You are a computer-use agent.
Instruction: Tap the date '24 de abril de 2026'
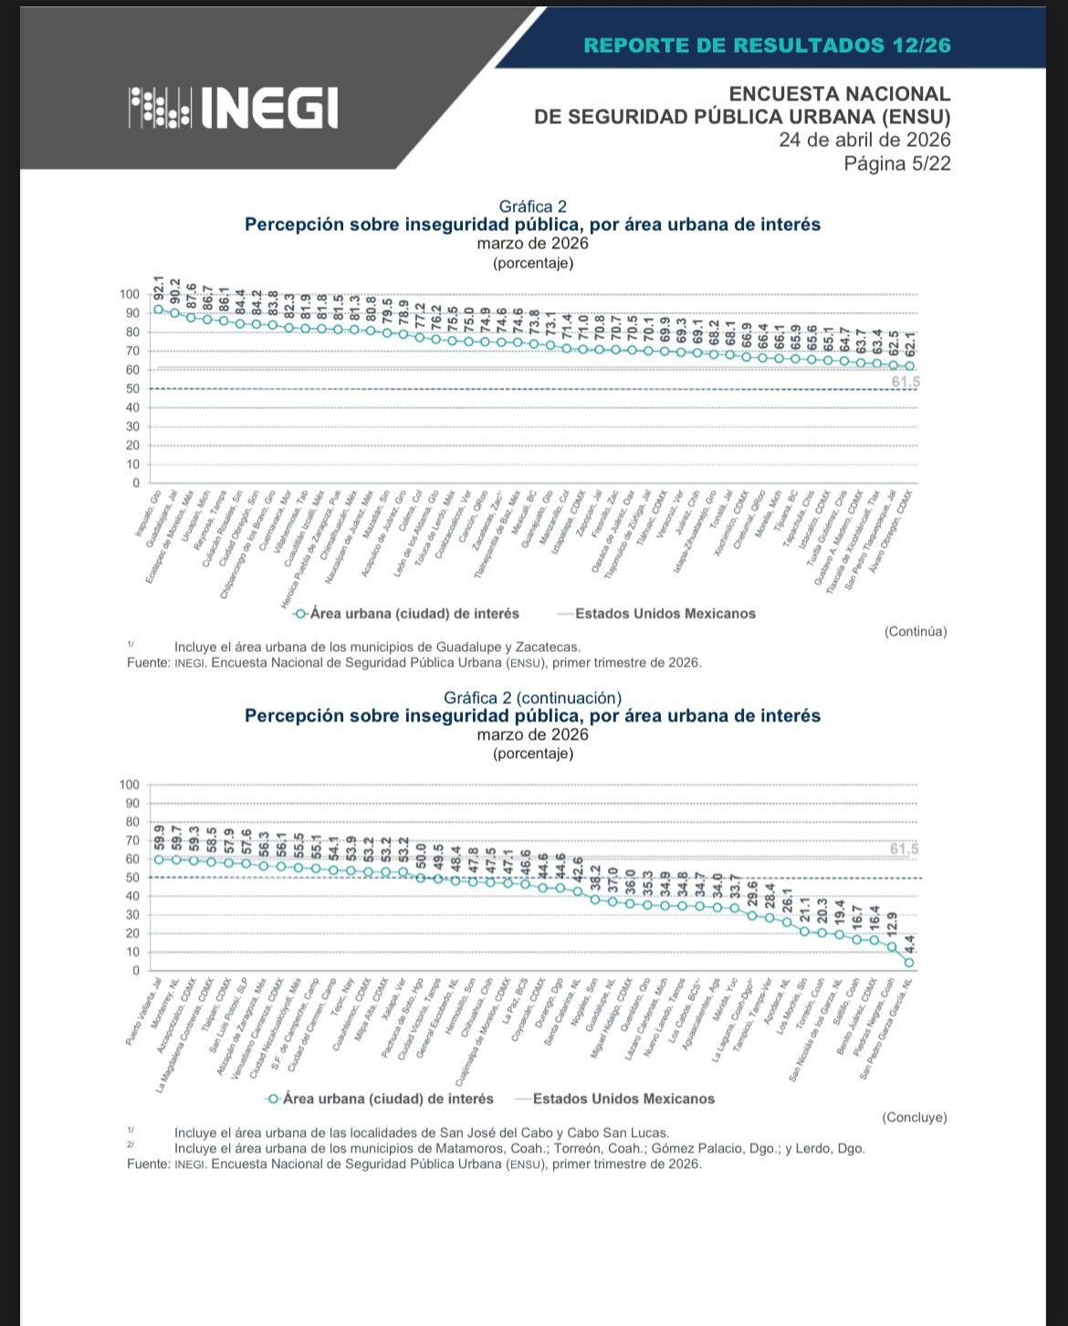click(x=864, y=140)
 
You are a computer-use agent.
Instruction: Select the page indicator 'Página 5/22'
click(x=896, y=163)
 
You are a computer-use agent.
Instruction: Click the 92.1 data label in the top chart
click(x=159, y=289)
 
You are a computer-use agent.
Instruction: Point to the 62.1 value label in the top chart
click(x=909, y=343)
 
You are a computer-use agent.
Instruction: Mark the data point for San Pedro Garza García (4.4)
click(x=909, y=962)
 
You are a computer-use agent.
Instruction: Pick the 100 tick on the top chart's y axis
click(x=130, y=294)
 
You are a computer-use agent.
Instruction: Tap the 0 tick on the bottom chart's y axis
click(x=135, y=970)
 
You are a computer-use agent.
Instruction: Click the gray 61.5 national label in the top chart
click(x=905, y=382)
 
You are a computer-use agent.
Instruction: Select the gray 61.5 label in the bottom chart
click(x=904, y=850)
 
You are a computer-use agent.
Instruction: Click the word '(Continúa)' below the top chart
click(x=916, y=631)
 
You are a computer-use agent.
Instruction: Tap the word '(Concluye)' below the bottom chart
click(x=914, y=1117)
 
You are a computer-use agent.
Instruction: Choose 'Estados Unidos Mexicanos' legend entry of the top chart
click(x=665, y=614)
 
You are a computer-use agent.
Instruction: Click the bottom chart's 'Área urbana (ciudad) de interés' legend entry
click(x=387, y=1099)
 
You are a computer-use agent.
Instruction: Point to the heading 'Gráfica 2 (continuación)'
click(x=532, y=698)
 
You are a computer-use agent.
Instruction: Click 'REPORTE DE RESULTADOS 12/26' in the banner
click(x=767, y=45)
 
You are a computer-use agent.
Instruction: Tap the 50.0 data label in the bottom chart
click(x=421, y=856)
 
